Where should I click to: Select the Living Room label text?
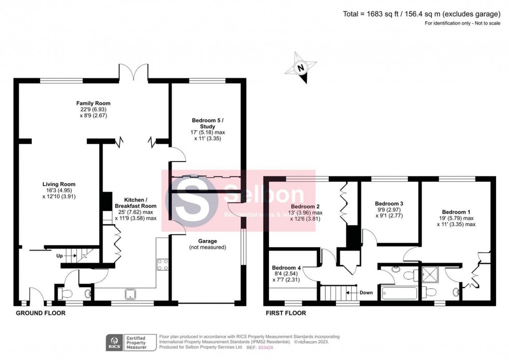point(59,184)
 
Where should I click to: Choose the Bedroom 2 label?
point(306,206)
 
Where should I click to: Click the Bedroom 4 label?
point(287,269)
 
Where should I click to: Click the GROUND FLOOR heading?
point(41,313)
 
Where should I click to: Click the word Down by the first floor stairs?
point(366,292)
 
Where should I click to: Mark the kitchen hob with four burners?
point(162,265)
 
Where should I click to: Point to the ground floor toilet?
point(66,294)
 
